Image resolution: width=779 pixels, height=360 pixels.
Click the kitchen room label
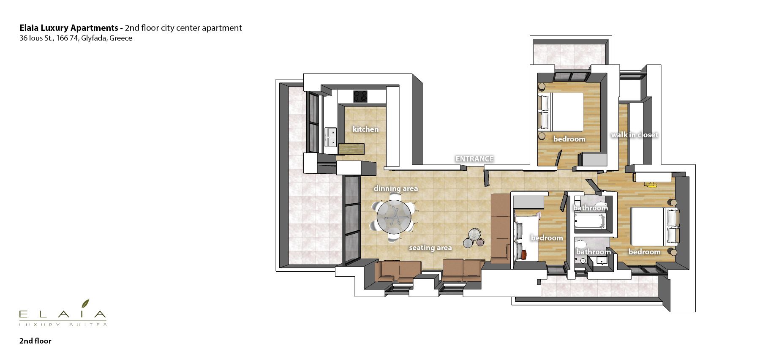coord(365,129)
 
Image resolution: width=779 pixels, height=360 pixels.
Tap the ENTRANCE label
coord(474,159)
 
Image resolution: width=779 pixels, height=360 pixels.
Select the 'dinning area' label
coord(396,188)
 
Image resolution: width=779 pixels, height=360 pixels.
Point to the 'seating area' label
coord(430,248)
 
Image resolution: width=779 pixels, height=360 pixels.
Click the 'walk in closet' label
coord(635,135)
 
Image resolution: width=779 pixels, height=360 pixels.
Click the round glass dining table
coord(394,217)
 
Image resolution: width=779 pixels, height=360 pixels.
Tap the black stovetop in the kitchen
coord(360,96)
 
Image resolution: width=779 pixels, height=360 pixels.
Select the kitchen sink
coord(331,137)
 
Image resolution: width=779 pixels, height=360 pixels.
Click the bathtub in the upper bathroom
coord(590,221)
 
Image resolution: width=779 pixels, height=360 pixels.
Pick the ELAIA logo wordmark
coord(63,314)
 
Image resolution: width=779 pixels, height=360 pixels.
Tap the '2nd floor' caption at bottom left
coord(35,341)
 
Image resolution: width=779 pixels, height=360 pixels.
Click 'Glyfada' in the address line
coord(94,38)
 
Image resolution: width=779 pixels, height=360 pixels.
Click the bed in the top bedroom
coord(561,112)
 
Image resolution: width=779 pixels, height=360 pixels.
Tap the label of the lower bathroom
coord(594,252)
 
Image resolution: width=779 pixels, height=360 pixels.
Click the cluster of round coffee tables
coord(474,238)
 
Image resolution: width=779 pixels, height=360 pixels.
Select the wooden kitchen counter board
coord(351,149)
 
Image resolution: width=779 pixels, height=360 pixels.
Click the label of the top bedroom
coord(569,139)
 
